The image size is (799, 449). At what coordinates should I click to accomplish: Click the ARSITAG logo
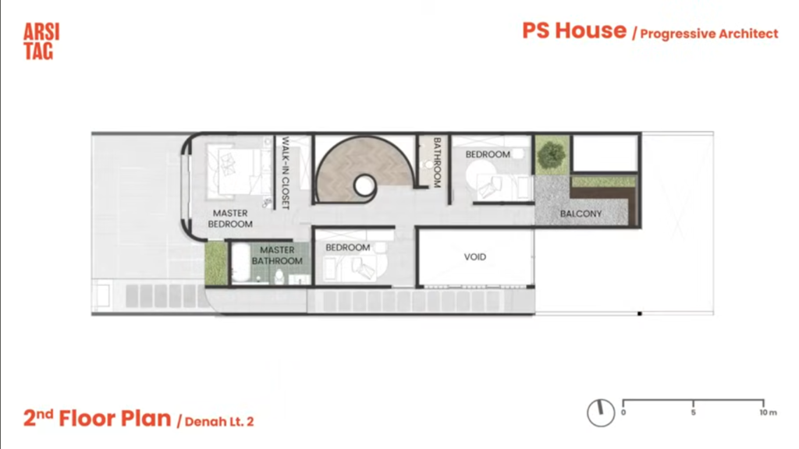click(x=41, y=42)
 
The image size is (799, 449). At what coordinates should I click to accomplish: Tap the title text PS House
click(x=574, y=30)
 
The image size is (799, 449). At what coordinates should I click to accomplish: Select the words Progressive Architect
click(x=708, y=34)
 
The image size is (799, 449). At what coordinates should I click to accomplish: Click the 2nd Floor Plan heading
click(x=98, y=418)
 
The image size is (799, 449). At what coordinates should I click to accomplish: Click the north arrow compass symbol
click(x=601, y=412)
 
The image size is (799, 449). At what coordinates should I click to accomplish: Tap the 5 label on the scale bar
click(x=693, y=412)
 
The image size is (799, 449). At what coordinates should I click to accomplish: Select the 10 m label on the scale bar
click(x=768, y=412)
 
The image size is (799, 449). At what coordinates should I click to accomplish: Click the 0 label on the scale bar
click(x=623, y=412)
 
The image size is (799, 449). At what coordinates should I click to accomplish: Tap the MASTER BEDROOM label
click(x=230, y=218)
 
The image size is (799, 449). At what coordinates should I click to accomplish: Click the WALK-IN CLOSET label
click(x=286, y=172)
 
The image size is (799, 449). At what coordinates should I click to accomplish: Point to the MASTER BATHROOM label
click(x=277, y=255)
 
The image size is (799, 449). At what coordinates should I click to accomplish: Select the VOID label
click(x=475, y=257)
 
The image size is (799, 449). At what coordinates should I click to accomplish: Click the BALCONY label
click(x=581, y=214)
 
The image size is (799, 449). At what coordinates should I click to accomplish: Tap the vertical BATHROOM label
click(x=437, y=162)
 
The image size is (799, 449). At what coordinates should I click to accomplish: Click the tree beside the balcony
click(x=552, y=154)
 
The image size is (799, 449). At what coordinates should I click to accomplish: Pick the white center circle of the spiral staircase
click(x=364, y=186)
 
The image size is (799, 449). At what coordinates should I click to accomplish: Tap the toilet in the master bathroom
click(x=279, y=277)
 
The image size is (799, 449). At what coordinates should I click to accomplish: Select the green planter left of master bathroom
click(x=215, y=263)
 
